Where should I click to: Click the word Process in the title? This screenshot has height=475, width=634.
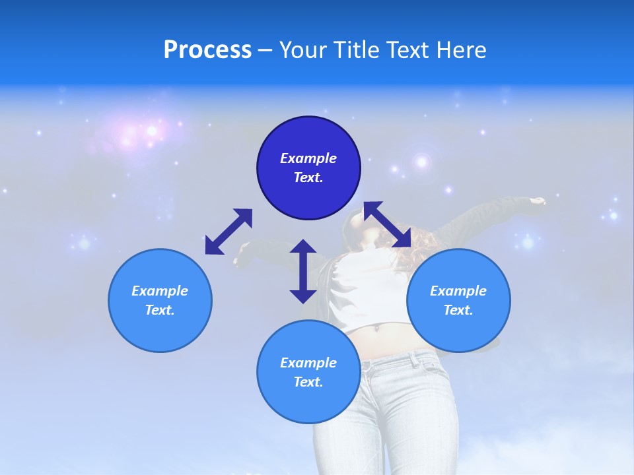207,50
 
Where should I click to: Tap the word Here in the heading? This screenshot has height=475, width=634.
461,50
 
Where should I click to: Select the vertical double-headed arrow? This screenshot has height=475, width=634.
303,271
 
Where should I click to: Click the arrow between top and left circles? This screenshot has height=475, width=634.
229,232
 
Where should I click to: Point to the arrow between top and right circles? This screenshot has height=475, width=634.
387,224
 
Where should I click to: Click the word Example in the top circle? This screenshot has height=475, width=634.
308,158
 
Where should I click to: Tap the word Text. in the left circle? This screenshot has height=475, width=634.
160,310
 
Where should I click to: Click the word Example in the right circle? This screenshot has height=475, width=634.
458,291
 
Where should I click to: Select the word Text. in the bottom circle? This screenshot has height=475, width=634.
308,382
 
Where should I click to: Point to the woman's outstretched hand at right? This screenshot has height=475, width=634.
539,201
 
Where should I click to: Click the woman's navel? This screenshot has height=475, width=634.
378,327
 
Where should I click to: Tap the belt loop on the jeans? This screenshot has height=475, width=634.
414,359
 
